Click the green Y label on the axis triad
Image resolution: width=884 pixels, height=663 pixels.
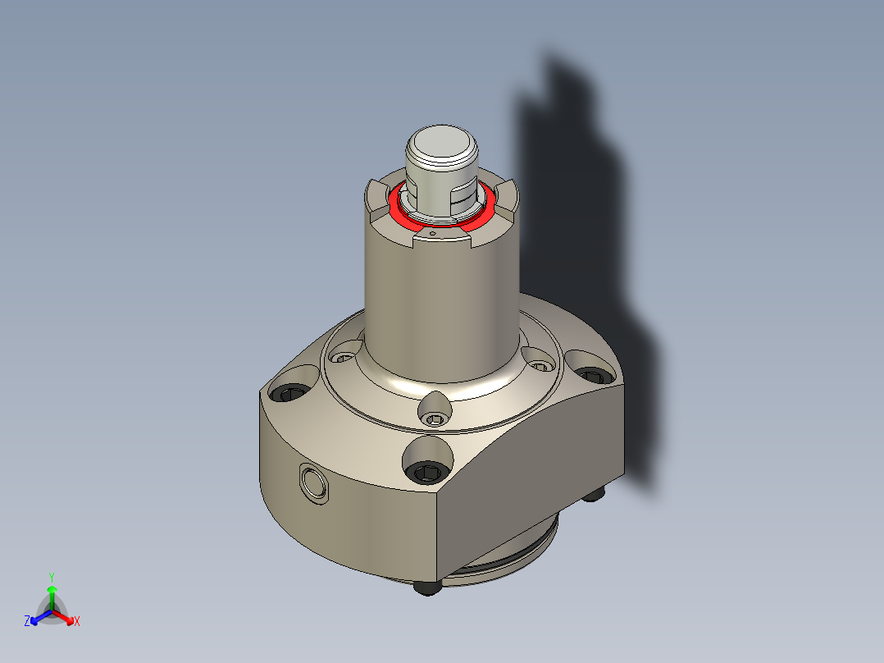(x=51, y=576)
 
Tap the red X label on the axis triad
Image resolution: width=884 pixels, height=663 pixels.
(x=77, y=622)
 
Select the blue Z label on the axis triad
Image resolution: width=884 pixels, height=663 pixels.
(x=27, y=622)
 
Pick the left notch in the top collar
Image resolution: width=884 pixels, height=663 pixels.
(x=378, y=197)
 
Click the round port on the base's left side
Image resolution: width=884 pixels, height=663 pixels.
(x=313, y=484)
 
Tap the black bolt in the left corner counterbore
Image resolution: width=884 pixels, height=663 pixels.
(x=291, y=395)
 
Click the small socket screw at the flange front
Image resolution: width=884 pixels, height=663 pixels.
(x=435, y=420)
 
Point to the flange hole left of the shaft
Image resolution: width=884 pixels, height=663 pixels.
(x=343, y=357)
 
